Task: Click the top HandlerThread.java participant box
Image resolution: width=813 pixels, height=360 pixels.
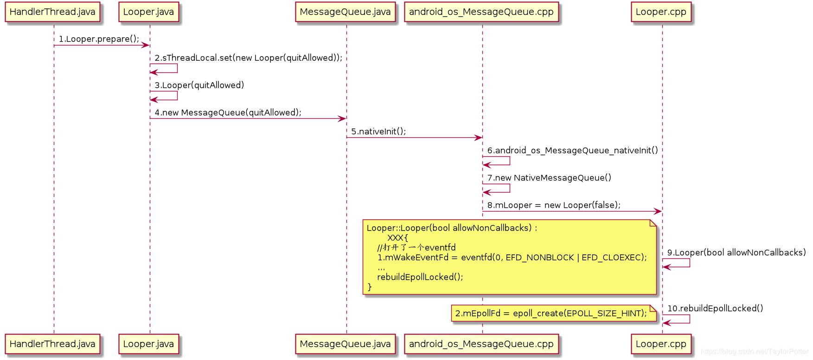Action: point(52,12)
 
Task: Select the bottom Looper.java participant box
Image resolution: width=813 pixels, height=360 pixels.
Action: point(148,344)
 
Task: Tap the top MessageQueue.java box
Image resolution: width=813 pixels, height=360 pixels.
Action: point(345,12)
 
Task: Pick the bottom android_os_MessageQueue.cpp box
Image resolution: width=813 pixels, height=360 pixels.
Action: point(481,344)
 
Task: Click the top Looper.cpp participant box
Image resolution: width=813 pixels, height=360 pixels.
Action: point(661,12)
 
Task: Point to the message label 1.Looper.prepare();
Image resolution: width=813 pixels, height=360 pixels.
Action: point(99,39)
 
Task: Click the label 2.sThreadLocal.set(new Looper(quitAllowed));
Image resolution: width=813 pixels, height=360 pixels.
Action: point(248,58)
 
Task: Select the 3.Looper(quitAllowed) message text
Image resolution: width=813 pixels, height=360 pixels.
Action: point(199,85)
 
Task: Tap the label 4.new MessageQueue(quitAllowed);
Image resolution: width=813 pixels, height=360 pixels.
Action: point(228,113)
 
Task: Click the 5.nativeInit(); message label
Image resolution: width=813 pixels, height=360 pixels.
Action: point(378,132)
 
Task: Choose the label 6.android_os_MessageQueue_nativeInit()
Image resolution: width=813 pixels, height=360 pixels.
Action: point(572,150)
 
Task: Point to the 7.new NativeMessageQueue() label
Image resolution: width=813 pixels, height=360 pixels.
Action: point(549,178)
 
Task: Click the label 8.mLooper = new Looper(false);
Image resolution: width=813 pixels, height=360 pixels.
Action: point(554,205)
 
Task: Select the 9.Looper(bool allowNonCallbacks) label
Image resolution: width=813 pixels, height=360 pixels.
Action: point(736,253)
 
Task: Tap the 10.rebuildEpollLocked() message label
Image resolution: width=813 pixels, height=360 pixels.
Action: point(715,309)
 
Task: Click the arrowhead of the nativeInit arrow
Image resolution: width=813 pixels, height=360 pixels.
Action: point(479,138)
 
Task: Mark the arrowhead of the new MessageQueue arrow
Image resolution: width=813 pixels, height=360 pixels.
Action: point(342,119)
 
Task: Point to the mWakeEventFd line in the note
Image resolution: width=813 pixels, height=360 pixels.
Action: point(512,257)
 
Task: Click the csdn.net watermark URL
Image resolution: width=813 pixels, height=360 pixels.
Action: point(755,352)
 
